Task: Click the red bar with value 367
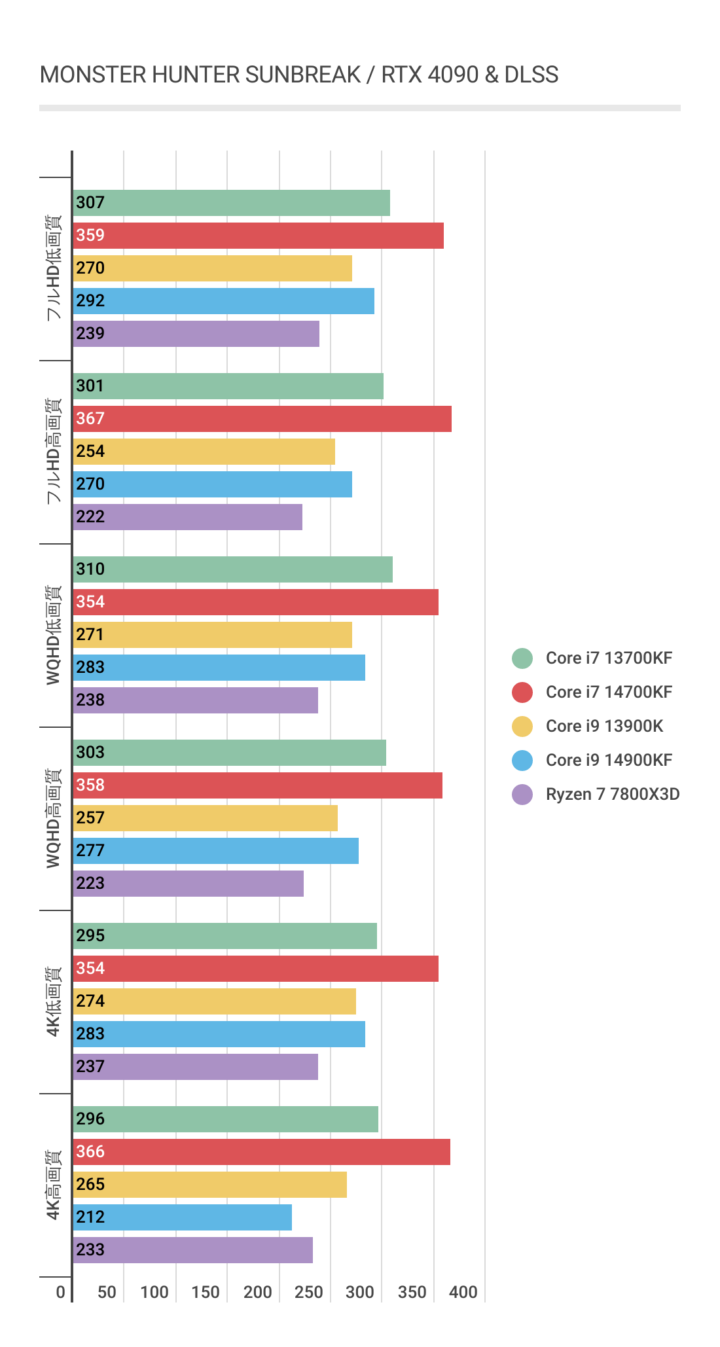click(262, 419)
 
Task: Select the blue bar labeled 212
click(183, 1217)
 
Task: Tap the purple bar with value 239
click(196, 334)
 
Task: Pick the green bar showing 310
click(232, 569)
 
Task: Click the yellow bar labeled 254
click(204, 452)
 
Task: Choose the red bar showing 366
click(262, 1152)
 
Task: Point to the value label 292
click(90, 301)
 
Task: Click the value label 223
click(90, 884)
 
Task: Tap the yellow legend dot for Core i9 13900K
click(522, 727)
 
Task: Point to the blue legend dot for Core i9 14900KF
click(522, 761)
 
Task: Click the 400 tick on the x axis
click(463, 1293)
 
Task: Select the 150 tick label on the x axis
click(206, 1293)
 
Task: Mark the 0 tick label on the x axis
click(61, 1293)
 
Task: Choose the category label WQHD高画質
click(54, 818)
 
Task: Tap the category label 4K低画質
click(54, 1001)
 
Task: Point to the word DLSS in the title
click(531, 75)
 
